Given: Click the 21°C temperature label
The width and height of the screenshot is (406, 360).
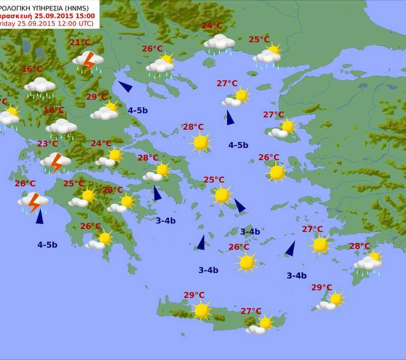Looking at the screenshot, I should (x=80, y=43).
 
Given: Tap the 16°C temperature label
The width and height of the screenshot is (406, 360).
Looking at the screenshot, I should (x=32, y=69).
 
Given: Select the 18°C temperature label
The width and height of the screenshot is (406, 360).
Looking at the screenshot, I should (x=54, y=110).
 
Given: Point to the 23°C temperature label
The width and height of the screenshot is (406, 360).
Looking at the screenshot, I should (x=48, y=144).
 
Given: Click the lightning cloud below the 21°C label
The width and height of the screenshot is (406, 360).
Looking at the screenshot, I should (x=88, y=61).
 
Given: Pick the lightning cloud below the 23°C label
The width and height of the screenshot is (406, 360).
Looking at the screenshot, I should (x=55, y=162).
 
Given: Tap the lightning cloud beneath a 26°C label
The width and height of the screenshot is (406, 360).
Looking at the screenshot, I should (x=33, y=202).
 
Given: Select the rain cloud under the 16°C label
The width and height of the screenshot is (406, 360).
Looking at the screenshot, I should (x=40, y=87).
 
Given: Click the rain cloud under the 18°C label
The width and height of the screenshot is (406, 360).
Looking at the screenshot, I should (x=61, y=128).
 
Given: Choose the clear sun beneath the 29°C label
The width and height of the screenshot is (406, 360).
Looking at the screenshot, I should (x=202, y=310).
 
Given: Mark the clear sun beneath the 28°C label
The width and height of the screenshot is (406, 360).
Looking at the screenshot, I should (x=201, y=143).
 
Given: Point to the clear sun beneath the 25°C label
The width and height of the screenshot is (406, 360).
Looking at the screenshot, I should (x=222, y=195).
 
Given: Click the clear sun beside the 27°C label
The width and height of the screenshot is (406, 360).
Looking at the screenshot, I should (x=320, y=244).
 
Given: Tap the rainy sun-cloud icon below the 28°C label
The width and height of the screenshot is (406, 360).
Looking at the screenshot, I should (x=368, y=262).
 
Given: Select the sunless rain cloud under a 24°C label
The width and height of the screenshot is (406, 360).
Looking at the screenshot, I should (x=219, y=43).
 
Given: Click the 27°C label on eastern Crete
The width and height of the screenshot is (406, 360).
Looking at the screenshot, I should (x=251, y=311).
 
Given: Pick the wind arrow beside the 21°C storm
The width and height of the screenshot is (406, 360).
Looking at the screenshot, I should (x=125, y=87).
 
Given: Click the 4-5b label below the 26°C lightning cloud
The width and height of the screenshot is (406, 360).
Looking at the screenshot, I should (x=47, y=244).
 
